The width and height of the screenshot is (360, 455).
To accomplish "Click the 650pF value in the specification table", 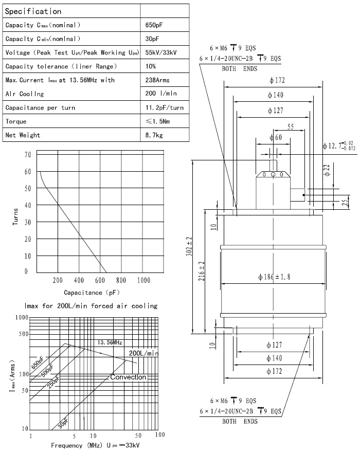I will click(x=155, y=25).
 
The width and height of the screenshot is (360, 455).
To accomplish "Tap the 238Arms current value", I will click(x=158, y=80).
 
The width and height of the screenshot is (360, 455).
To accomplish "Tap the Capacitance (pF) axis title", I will click(x=92, y=293).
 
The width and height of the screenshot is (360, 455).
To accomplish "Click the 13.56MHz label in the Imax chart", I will click(x=110, y=342).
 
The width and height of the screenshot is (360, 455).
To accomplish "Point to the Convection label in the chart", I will click(x=129, y=377).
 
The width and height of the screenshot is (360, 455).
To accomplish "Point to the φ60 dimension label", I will click(x=275, y=138).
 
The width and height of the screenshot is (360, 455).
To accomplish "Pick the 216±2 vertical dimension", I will click(x=202, y=271).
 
